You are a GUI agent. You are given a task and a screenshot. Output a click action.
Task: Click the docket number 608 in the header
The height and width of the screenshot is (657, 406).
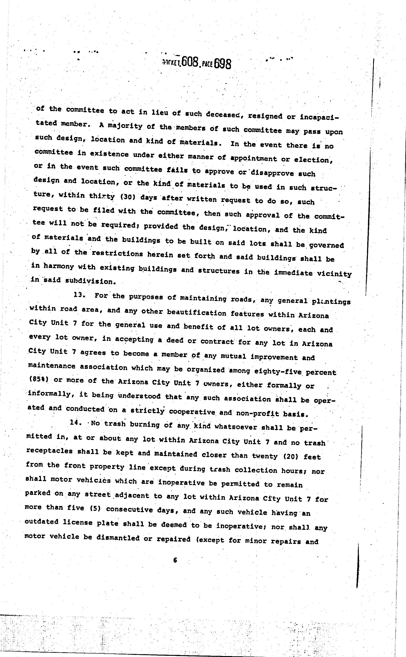[x=190, y=63]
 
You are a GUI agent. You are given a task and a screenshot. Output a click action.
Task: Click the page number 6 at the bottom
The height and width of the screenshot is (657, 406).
[x=175, y=560]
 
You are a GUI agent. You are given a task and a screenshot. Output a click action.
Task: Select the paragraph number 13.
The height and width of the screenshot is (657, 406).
[x=79, y=295]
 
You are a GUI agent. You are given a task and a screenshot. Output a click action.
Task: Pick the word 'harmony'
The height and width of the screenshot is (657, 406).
[x=58, y=266]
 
